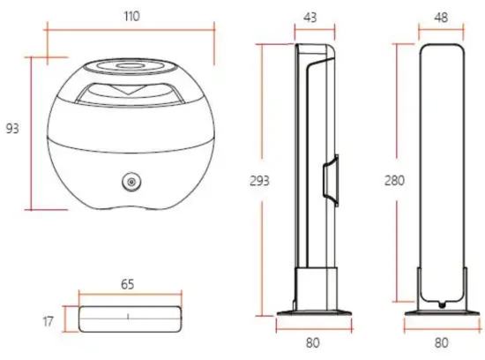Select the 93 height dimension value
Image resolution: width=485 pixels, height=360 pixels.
[x=12, y=130]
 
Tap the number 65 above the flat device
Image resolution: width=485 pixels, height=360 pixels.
[x=128, y=285]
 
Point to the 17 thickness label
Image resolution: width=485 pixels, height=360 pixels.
[x=48, y=321]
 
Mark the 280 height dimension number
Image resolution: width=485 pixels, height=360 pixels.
[x=396, y=181]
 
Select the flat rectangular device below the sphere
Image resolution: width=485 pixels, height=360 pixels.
[x=128, y=318]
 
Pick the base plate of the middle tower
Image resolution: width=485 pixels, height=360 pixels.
[x=314, y=311]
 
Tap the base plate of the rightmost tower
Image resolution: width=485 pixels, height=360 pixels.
[x=440, y=311]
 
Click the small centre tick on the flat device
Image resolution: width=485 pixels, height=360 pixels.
[x=128, y=314]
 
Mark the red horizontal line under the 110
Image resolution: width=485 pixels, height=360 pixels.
[x=130, y=29]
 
